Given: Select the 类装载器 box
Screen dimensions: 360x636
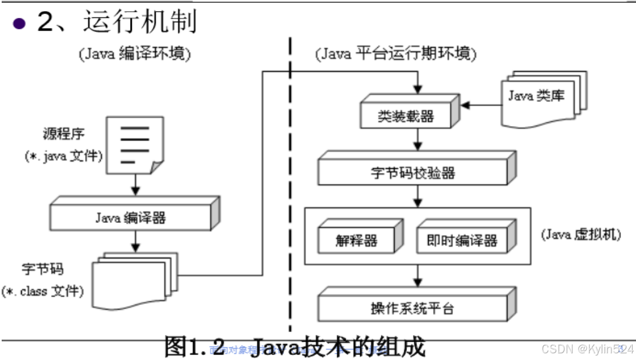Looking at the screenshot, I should [x=406, y=117].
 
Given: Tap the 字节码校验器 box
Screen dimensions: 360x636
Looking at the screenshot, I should [x=413, y=173].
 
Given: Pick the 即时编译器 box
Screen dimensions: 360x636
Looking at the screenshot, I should [x=461, y=241].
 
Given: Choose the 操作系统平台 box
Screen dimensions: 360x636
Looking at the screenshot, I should [x=413, y=308].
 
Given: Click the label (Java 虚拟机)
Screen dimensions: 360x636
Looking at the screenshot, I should [x=580, y=234].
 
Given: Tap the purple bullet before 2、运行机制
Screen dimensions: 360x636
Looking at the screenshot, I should [x=20, y=24].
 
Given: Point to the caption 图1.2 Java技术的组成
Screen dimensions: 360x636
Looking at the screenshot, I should [x=295, y=347].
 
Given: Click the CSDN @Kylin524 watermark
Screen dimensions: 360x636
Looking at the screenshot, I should [x=587, y=348].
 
